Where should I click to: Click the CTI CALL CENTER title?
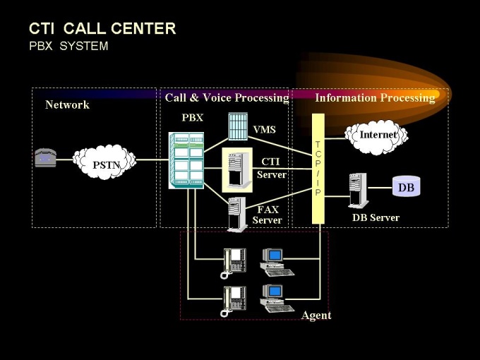pos(102,29)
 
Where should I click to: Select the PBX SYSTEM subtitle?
pos(68,47)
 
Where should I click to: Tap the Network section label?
pos(67,105)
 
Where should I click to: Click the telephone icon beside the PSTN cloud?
pos(45,158)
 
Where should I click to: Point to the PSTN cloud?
pos(105,162)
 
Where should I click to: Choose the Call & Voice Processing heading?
pos(227,97)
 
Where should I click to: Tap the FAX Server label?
pos(268,215)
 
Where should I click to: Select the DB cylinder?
pos(406,187)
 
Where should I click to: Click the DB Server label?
pos(376,217)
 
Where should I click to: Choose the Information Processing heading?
pos(374,97)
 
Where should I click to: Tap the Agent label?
pos(316,315)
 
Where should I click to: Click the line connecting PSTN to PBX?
pos(152,160)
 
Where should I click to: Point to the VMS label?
pos(264,130)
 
